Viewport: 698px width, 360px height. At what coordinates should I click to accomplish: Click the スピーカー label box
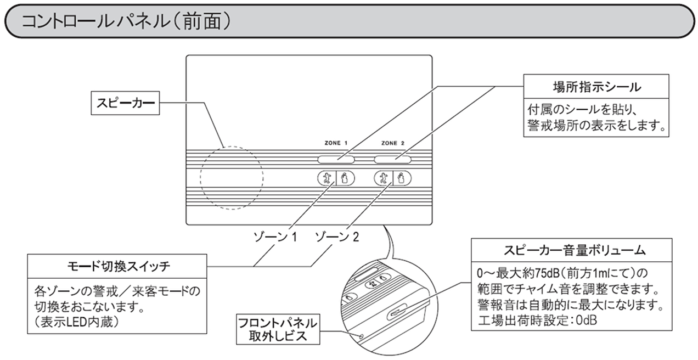(125, 103)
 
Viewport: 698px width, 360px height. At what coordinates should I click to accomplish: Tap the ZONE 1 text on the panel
(336, 143)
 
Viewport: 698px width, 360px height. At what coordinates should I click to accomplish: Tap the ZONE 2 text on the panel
(392, 143)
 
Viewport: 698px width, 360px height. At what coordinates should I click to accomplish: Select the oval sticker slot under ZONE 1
(336, 160)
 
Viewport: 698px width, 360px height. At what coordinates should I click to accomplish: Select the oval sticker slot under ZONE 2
(393, 160)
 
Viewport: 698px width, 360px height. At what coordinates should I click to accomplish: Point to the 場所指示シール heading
(596, 87)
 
